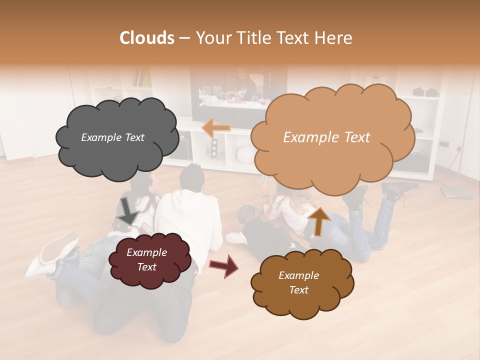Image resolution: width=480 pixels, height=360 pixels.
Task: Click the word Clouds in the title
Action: [x=147, y=38]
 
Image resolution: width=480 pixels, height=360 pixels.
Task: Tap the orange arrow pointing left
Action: [x=216, y=127]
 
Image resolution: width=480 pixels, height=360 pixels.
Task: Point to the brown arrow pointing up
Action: [x=319, y=221]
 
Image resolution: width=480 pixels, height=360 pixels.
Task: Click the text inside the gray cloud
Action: [x=112, y=137]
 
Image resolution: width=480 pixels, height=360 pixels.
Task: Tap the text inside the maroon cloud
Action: [x=146, y=260]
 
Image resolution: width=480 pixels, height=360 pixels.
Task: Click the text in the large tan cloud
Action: [x=326, y=137]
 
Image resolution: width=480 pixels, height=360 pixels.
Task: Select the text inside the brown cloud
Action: [x=298, y=283]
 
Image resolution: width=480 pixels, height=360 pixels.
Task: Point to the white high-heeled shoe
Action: [x=50, y=255]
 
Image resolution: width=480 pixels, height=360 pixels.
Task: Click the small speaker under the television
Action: [x=214, y=148]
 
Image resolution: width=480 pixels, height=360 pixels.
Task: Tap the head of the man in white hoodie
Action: [x=191, y=177]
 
